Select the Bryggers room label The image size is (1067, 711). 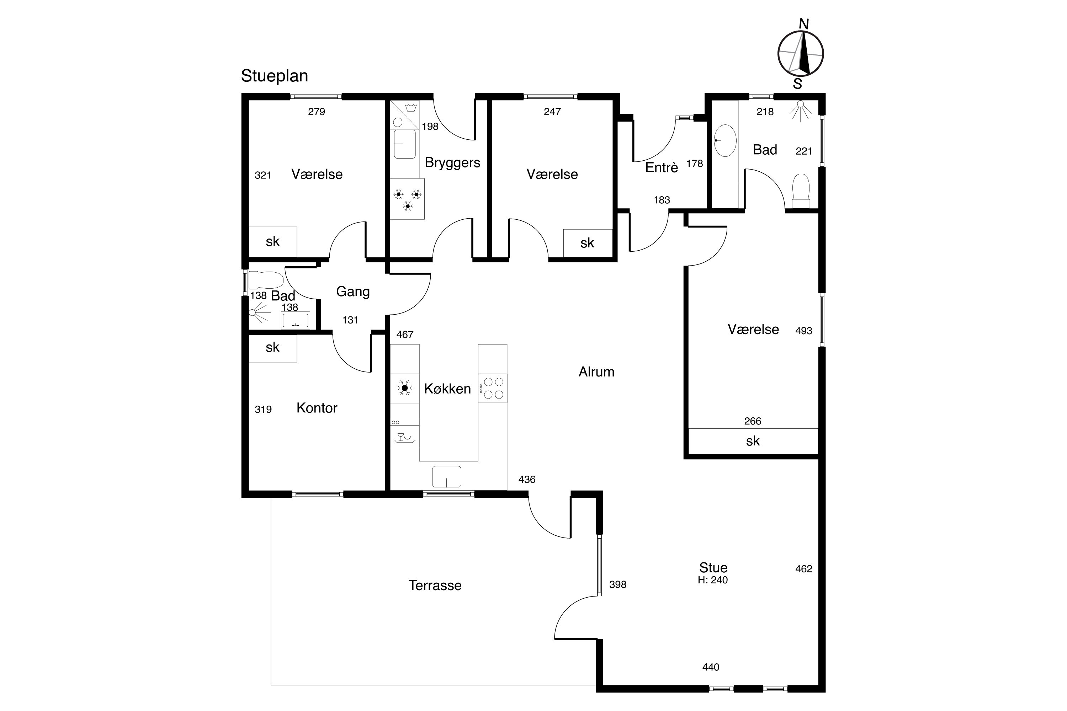452,163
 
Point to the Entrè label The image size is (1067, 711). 662,167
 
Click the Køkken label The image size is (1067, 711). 447,389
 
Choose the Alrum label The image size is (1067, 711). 596,372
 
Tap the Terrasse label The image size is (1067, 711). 435,586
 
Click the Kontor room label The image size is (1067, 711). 317,408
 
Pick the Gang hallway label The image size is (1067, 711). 352,292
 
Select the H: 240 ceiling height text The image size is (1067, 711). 712,580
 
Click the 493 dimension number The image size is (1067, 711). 803,331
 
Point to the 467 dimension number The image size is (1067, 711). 405,335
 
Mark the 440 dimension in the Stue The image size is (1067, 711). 710,667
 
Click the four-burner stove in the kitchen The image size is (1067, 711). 493,388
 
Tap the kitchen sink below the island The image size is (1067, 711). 446,477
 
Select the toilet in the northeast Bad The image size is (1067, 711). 801,191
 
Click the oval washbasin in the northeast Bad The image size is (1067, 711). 725,140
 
